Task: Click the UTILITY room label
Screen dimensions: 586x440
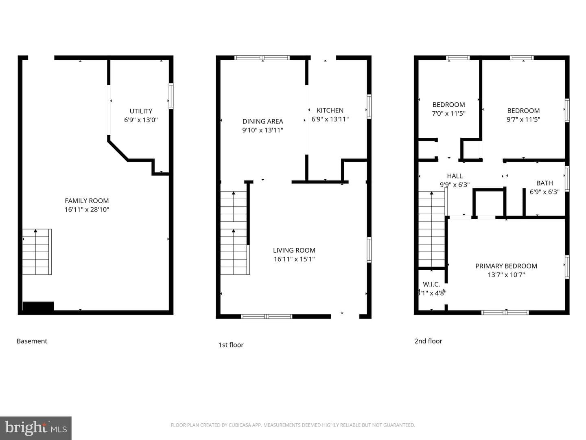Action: [x=141, y=111]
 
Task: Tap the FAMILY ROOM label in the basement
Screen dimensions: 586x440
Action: [x=87, y=200]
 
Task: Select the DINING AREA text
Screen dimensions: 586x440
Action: [x=263, y=121]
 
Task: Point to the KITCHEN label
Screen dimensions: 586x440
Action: [x=330, y=110]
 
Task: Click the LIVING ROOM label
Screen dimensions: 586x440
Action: [x=294, y=250]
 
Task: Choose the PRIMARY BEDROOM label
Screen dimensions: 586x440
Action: [x=506, y=266]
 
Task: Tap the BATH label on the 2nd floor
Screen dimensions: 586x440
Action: [x=544, y=183]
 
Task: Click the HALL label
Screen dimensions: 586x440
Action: [x=455, y=176]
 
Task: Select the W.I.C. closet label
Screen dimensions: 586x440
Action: [x=431, y=284]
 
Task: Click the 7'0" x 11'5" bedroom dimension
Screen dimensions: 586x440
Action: [x=448, y=113]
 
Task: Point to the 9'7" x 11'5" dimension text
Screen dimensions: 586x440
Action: [x=523, y=119]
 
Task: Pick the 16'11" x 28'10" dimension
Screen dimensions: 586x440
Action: [x=87, y=209]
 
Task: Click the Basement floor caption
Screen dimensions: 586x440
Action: [x=32, y=341]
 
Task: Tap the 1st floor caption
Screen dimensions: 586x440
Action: [x=231, y=345]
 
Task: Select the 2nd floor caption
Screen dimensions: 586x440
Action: [x=428, y=341]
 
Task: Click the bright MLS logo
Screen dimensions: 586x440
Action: [x=36, y=428]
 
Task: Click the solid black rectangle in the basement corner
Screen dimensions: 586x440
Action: [x=38, y=306]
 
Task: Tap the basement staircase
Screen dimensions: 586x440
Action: [x=37, y=252]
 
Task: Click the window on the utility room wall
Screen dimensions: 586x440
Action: [x=171, y=96]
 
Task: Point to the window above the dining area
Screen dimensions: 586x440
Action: [x=262, y=58]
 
